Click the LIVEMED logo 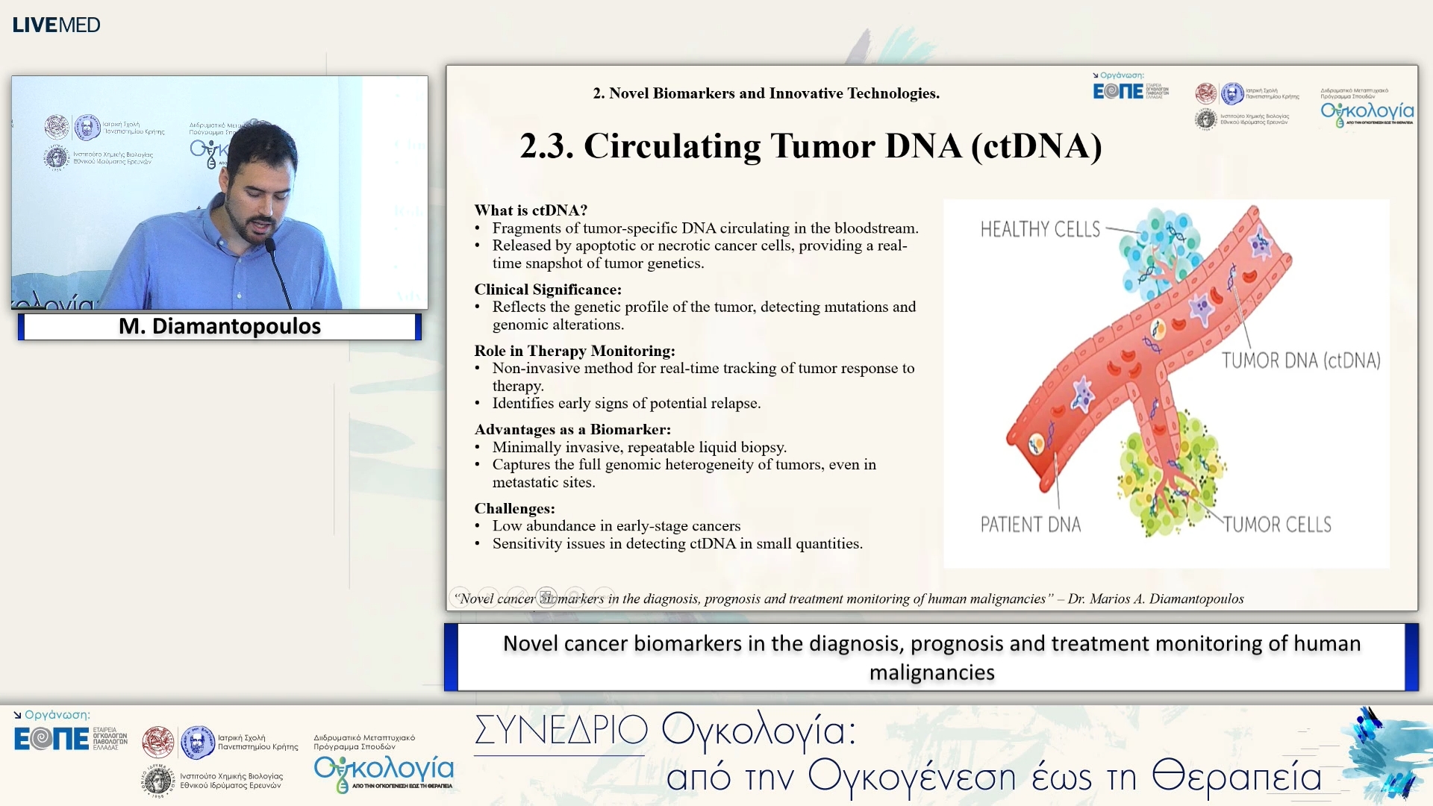[x=56, y=25]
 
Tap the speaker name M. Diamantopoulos [x=219, y=326]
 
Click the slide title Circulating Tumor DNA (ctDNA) [x=811, y=146]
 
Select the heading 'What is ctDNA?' [x=531, y=210]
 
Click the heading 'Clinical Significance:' [x=548, y=290]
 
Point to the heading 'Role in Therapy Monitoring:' [x=575, y=351]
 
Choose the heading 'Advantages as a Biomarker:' [x=572, y=430]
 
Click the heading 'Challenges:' [x=514, y=509]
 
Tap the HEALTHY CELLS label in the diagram [x=1040, y=229]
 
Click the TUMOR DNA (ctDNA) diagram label [x=1300, y=360]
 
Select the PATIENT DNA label [x=1030, y=525]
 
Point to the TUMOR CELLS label [x=1277, y=525]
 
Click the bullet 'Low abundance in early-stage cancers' [x=616, y=526]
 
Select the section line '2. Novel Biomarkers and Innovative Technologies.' [x=766, y=93]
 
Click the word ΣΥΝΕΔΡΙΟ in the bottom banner [x=561, y=730]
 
